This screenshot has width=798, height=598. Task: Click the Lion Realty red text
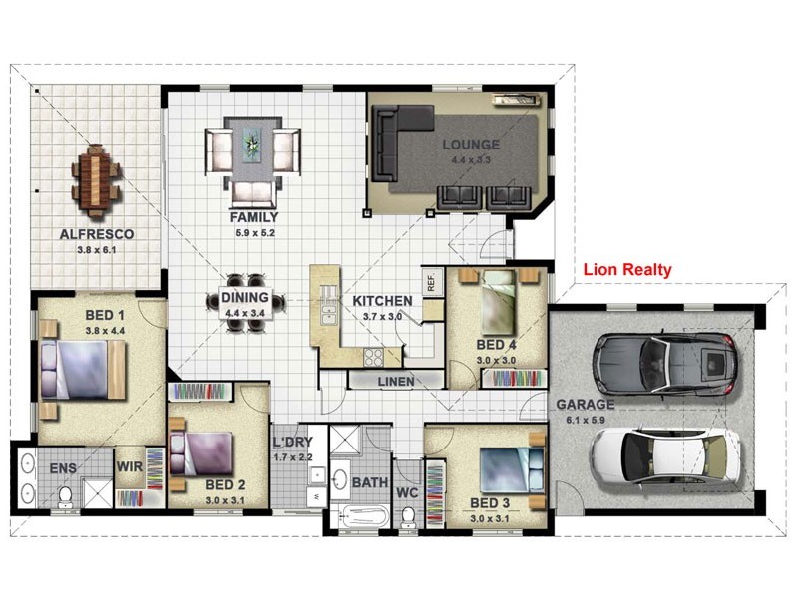[x=627, y=269]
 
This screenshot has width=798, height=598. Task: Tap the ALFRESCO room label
[x=97, y=234]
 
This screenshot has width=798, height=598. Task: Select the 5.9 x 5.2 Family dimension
[x=255, y=233]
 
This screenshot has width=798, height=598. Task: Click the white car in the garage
[x=665, y=455]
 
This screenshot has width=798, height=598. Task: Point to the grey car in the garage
[x=665, y=363]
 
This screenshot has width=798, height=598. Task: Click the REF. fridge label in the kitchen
[x=431, y=282]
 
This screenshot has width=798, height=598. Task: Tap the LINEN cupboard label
[x=395, y=382]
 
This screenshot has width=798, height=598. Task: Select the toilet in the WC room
[x=407, y=517]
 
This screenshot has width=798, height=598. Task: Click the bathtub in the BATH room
[x=360, y=516]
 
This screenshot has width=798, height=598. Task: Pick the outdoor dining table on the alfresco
[x=96, y=180]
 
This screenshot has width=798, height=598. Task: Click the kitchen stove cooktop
[x=373, y=358]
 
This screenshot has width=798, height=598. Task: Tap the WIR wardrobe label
[x=130, y=466]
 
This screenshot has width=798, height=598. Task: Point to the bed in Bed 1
[x=83, y=369]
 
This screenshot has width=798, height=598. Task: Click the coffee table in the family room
[x=253, y=145]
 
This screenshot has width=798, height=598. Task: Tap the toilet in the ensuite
[x=65, y=497]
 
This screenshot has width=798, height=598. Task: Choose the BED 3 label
[x=490, y=503]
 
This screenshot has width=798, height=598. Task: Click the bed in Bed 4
[x=499, y=304]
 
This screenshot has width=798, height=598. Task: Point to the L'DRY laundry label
[x=292, y=442]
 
